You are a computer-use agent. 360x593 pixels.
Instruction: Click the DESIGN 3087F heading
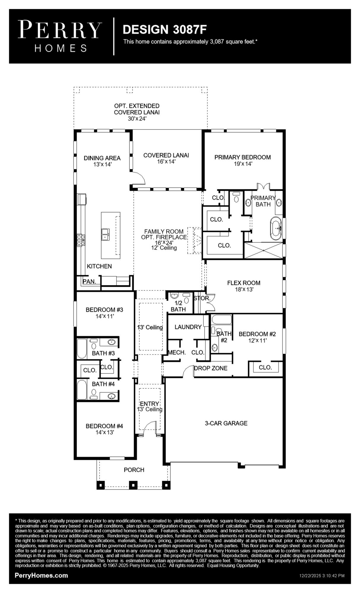[x=165, y=29]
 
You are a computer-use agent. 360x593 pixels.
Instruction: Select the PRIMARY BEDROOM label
[x=242, y=157]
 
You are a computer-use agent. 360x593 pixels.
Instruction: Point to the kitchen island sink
[x=105, y=234]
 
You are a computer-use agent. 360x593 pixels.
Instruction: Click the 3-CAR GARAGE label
[x=226, y=423]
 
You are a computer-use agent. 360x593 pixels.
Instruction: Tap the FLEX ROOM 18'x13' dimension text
[x=244, y=289]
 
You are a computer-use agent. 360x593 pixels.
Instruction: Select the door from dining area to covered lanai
[x=138, y=178]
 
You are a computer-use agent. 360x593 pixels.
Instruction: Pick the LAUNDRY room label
[x=188, y=327]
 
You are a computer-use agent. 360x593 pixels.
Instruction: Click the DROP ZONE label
[x=211, y=368]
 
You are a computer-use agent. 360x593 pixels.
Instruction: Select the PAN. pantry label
[x=89, y=281]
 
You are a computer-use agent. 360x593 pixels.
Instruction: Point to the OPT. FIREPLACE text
[x=164, y=237]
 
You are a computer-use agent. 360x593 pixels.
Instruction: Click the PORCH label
[x=134, y=470]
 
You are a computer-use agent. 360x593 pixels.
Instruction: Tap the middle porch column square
[x=133, y=485]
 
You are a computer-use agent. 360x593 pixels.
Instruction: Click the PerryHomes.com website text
[x=41, y=576]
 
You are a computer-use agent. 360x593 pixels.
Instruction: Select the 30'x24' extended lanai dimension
[x=137, y=119]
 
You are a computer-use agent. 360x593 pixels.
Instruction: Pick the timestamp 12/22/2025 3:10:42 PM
[x=322, y=576]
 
